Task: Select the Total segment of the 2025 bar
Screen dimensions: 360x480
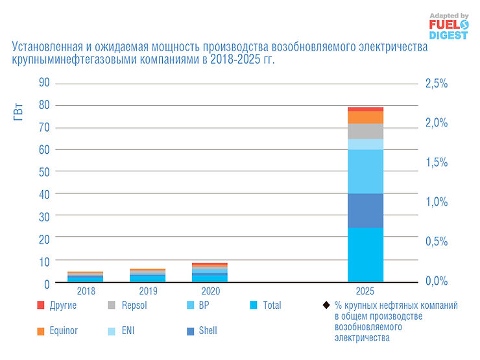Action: click(365, 254)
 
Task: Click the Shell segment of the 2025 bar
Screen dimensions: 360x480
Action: click(365, 210)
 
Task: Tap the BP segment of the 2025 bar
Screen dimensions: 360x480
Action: click(365, 171)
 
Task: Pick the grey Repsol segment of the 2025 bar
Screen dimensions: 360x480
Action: click(365, 131)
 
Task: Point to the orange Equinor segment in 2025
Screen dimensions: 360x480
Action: click(365, 117)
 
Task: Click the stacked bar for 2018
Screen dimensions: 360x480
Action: click(85, 276)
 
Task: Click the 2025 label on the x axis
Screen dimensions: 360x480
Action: click(365, 291)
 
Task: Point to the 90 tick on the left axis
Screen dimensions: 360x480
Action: click(44, 83)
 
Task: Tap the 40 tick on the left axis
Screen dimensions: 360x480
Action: click(44, 194)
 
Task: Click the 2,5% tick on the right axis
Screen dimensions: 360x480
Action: click(436, 84)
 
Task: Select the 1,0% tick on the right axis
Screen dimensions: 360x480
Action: click(436, 202)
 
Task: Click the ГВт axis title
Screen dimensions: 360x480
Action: click(19, 112)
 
